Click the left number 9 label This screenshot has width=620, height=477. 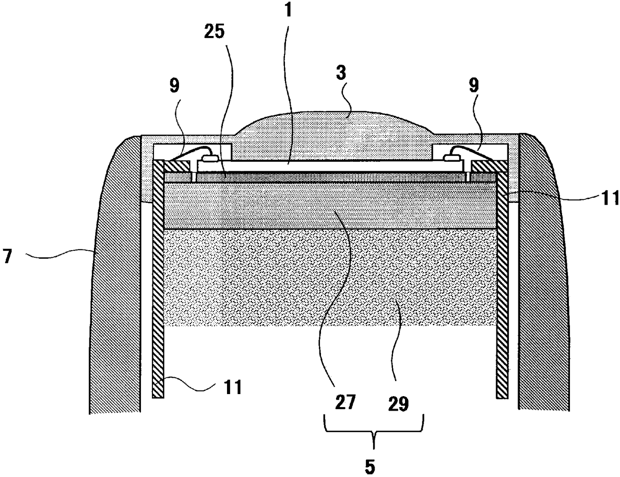click(174, 85)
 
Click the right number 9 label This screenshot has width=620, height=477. click(472, 85)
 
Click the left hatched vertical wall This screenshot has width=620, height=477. click(158, 280)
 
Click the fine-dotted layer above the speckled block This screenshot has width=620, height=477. click(330, 205)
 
